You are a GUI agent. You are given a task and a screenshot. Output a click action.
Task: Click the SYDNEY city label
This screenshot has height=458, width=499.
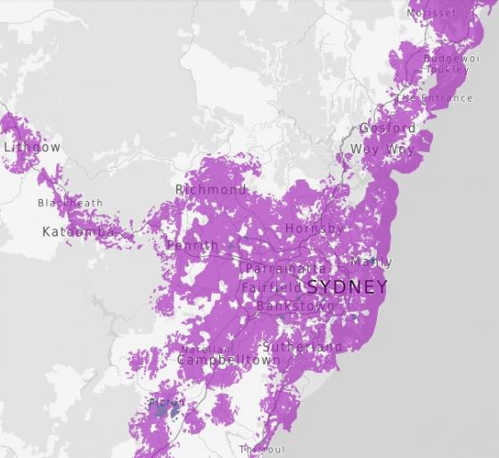[347, 287]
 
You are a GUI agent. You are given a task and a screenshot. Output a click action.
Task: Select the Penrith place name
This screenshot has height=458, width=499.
[191, 246]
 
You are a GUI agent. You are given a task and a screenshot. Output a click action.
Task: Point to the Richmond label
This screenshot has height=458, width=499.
[211, 190]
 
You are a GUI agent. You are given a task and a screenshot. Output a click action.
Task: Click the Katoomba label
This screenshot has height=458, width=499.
[78, 232]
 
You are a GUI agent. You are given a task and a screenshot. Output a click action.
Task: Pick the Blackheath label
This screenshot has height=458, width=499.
[70, 204]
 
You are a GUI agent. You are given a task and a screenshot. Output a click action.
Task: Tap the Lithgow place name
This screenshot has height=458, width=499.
[32, 147]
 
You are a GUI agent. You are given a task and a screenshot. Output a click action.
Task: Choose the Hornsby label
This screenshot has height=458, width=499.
[314, 229]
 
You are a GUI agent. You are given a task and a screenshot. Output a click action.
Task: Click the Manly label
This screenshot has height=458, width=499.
[372, 262]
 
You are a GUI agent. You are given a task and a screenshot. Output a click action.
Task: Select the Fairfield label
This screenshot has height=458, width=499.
[270, 288]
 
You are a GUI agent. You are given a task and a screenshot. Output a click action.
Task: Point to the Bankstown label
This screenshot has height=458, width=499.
[295, 306]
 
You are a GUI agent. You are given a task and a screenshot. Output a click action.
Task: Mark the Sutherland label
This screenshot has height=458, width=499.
[302, 346]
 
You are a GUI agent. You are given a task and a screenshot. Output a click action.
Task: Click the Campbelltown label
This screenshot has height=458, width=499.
[228, 360]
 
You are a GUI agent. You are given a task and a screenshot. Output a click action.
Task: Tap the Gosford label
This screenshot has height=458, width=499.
[388, 129]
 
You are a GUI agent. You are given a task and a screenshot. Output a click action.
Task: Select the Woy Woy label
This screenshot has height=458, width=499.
[382, 149]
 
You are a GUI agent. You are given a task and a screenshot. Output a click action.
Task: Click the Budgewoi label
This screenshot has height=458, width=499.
[452, 58]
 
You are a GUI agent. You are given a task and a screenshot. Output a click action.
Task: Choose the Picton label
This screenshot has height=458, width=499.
[167, 404]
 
